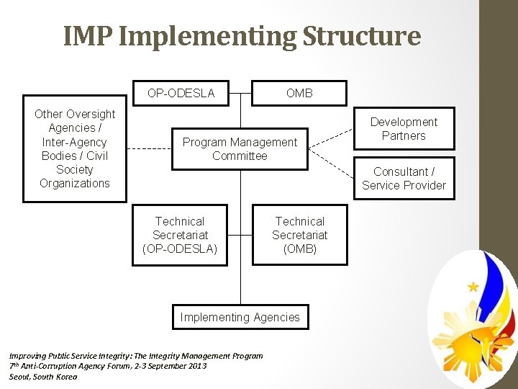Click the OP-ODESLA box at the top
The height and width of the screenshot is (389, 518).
click(181, 93)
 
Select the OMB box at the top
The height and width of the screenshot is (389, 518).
click(299, 93)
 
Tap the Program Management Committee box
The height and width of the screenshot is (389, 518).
click(240, 149)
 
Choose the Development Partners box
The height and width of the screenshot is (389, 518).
click(404, 129)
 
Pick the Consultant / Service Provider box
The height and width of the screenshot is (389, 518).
click(404, 178)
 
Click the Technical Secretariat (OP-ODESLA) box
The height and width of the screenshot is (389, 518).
click(180, 236)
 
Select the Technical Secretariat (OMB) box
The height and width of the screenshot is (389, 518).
click(299, 236)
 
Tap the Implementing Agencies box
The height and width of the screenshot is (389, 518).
click(240, 317)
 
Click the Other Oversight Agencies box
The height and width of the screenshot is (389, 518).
click(75, 148)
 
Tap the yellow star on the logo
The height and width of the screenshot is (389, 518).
click(473, 287)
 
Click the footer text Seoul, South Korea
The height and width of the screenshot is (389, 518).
click(42, 377)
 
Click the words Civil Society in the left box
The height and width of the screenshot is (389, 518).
click(75, 163)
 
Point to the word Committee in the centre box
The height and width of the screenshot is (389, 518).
click(240, 156)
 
